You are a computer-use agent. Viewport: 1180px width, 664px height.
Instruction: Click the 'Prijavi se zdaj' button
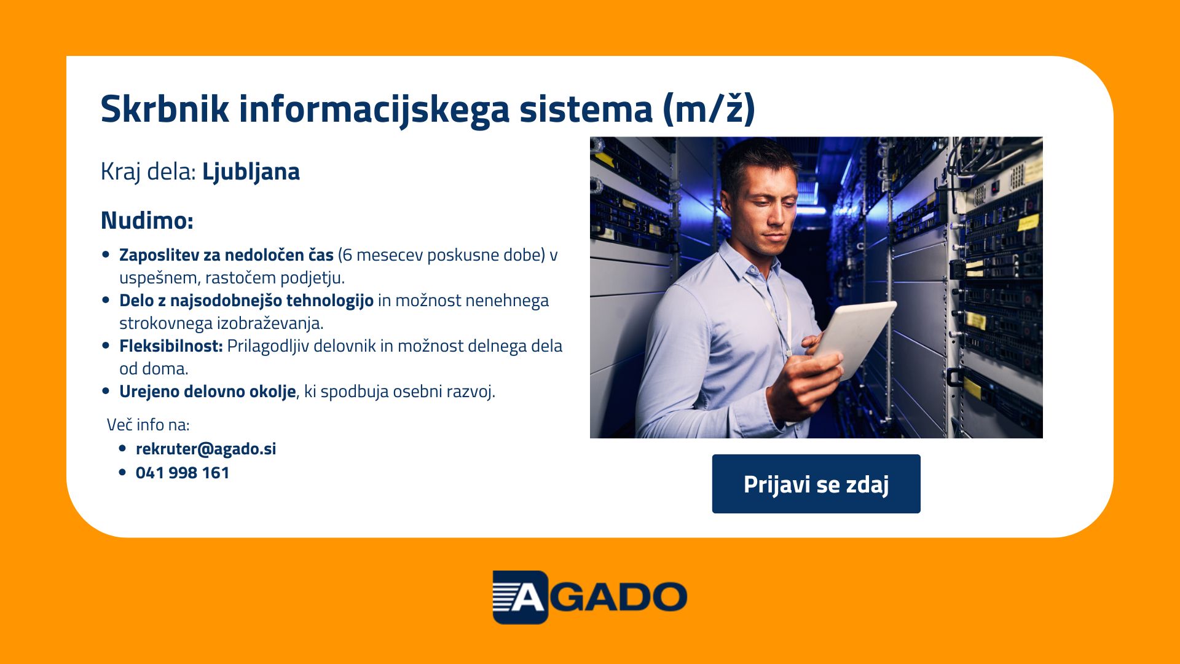click(x=816, y=484)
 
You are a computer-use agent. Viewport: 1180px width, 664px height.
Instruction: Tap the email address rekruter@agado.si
click(x=206, y=449)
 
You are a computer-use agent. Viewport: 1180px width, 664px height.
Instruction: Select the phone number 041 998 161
click(x=183, y=473)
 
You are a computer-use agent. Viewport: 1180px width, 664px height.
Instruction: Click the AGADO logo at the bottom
click(x=590, y=597)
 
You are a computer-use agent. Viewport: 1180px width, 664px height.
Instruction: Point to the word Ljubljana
click(x=251, y=172)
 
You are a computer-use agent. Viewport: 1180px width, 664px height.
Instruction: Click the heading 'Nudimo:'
click(x=147, y=220)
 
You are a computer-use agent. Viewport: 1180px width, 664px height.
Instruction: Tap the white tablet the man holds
click(x=854, y=338)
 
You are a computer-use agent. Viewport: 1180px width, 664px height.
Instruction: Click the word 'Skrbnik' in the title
click(x=165, y=109)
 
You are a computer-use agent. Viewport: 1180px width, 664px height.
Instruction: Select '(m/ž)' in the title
click(x=709, y=109)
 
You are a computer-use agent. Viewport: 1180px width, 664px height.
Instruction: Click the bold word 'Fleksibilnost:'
click(x=171, y=346)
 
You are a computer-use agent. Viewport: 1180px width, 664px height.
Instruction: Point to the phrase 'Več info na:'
click(x=148, y=425)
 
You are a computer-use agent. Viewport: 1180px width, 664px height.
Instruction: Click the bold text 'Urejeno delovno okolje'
click(x=208, y=392)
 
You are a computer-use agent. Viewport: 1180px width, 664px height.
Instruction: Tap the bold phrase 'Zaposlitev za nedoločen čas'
click(x=226, y=255)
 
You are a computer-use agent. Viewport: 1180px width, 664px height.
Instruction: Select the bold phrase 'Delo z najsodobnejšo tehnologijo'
click(x=246, y=301)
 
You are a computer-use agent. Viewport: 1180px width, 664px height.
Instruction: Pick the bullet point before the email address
click(x=122, y=449)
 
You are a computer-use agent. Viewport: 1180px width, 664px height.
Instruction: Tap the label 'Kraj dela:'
click(x=148, y=172)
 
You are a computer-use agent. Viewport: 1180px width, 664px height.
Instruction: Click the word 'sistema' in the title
click(x=586, y=109)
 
